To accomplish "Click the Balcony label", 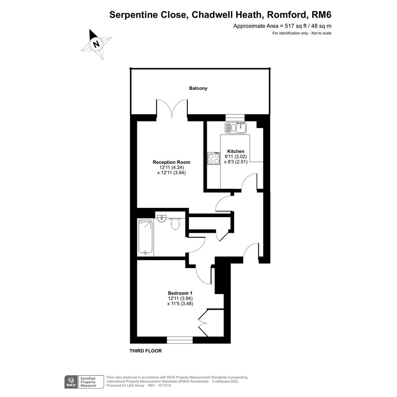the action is (x=198, y=88).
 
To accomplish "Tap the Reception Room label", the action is (x=171, y=162).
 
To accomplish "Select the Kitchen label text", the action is (x=236, y=151).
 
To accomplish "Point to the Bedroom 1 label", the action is (x=180, y=293).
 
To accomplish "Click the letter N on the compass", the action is (x=96, y=44).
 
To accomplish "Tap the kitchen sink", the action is (x=236, y=128).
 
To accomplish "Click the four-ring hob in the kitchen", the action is (x=214, y=158).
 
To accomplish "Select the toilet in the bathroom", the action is (x=175, y=223).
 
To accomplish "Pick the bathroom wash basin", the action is (x=162, y=218).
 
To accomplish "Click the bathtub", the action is (x=145, y=237).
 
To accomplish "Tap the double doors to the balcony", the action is (x=172, y=108).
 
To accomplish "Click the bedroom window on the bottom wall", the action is (x=180, y=340).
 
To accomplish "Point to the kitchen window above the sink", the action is (x=235, y=117).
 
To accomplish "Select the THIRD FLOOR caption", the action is (x=146, y=351).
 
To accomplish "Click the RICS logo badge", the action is (x=71, y=382).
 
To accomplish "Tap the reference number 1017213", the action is (x=164, y=385).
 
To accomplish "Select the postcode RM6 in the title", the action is (x=321, y=15).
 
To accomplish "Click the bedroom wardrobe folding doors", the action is (x=203, y=323).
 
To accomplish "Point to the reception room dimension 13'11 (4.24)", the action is (x=171, y=167).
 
